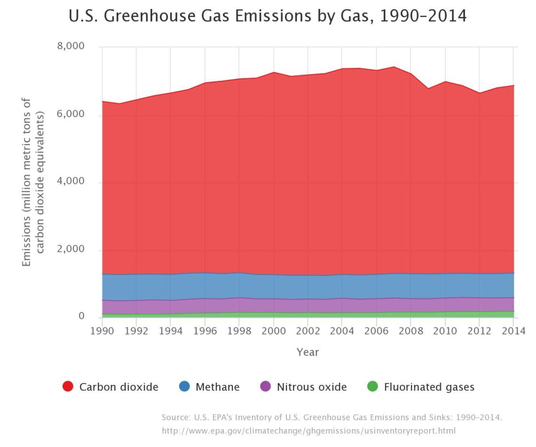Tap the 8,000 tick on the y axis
(71, 47)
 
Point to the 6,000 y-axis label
(71, 114)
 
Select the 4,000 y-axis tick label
(71, 182)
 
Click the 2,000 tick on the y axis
(71, 249)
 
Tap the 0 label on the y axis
(81, 317)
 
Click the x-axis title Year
(307, 352)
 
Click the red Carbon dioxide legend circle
(68, 387)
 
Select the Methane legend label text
(217, 387)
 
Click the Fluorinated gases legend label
(429, 387)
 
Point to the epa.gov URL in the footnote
(308, 431)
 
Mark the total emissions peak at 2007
(394, 67)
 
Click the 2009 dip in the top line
(428, 88)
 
